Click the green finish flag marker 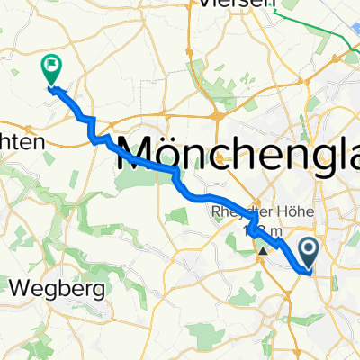coord(50,66)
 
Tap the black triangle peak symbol coord(263,251)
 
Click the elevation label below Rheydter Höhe coord(261,232)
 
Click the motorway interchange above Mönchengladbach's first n coord(219,116)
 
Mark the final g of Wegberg coord(99,292)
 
